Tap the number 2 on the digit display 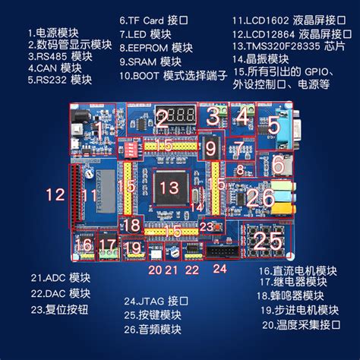162,118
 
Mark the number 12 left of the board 55,194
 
